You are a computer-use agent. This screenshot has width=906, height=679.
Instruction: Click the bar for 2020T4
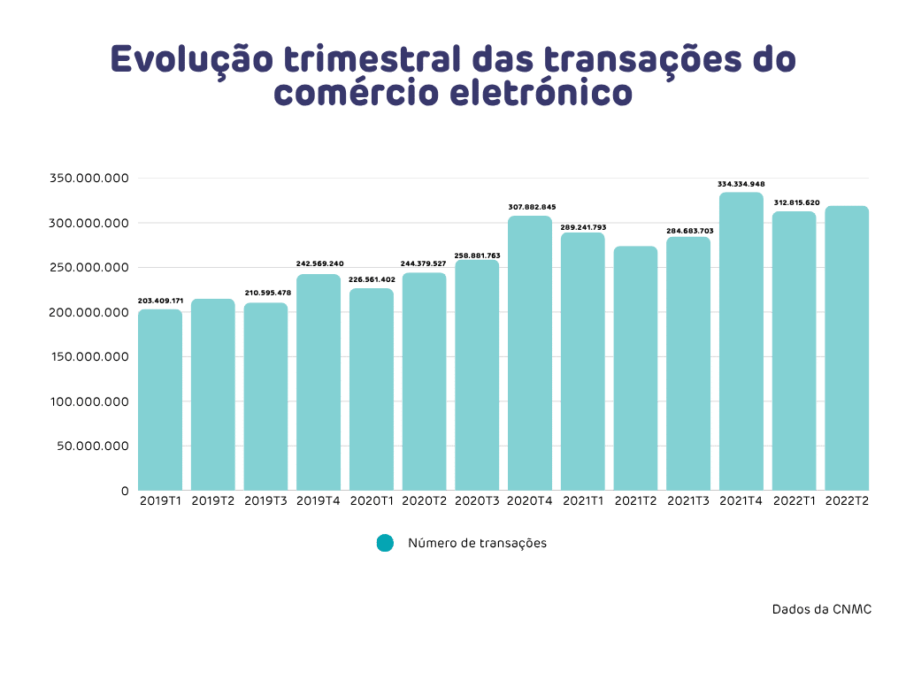530,354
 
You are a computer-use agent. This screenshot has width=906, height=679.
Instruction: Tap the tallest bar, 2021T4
741,341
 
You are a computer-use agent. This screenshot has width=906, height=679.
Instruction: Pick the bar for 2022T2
847,348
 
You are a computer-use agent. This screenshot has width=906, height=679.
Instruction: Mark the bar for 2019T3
265,397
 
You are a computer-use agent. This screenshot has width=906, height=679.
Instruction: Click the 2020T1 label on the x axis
372,501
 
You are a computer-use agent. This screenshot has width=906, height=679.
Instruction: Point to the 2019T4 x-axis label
319,501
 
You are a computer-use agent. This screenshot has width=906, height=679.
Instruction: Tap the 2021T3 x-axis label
688,501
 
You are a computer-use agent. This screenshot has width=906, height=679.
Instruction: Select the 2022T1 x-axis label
794,501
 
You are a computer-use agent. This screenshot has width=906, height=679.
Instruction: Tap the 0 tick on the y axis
125,491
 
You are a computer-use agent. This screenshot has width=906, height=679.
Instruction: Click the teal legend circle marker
384,543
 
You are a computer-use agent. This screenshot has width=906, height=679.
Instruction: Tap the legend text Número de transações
477,543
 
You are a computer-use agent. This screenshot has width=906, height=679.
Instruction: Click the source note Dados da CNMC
816,609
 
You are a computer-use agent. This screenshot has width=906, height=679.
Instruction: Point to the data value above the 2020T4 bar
531,207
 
